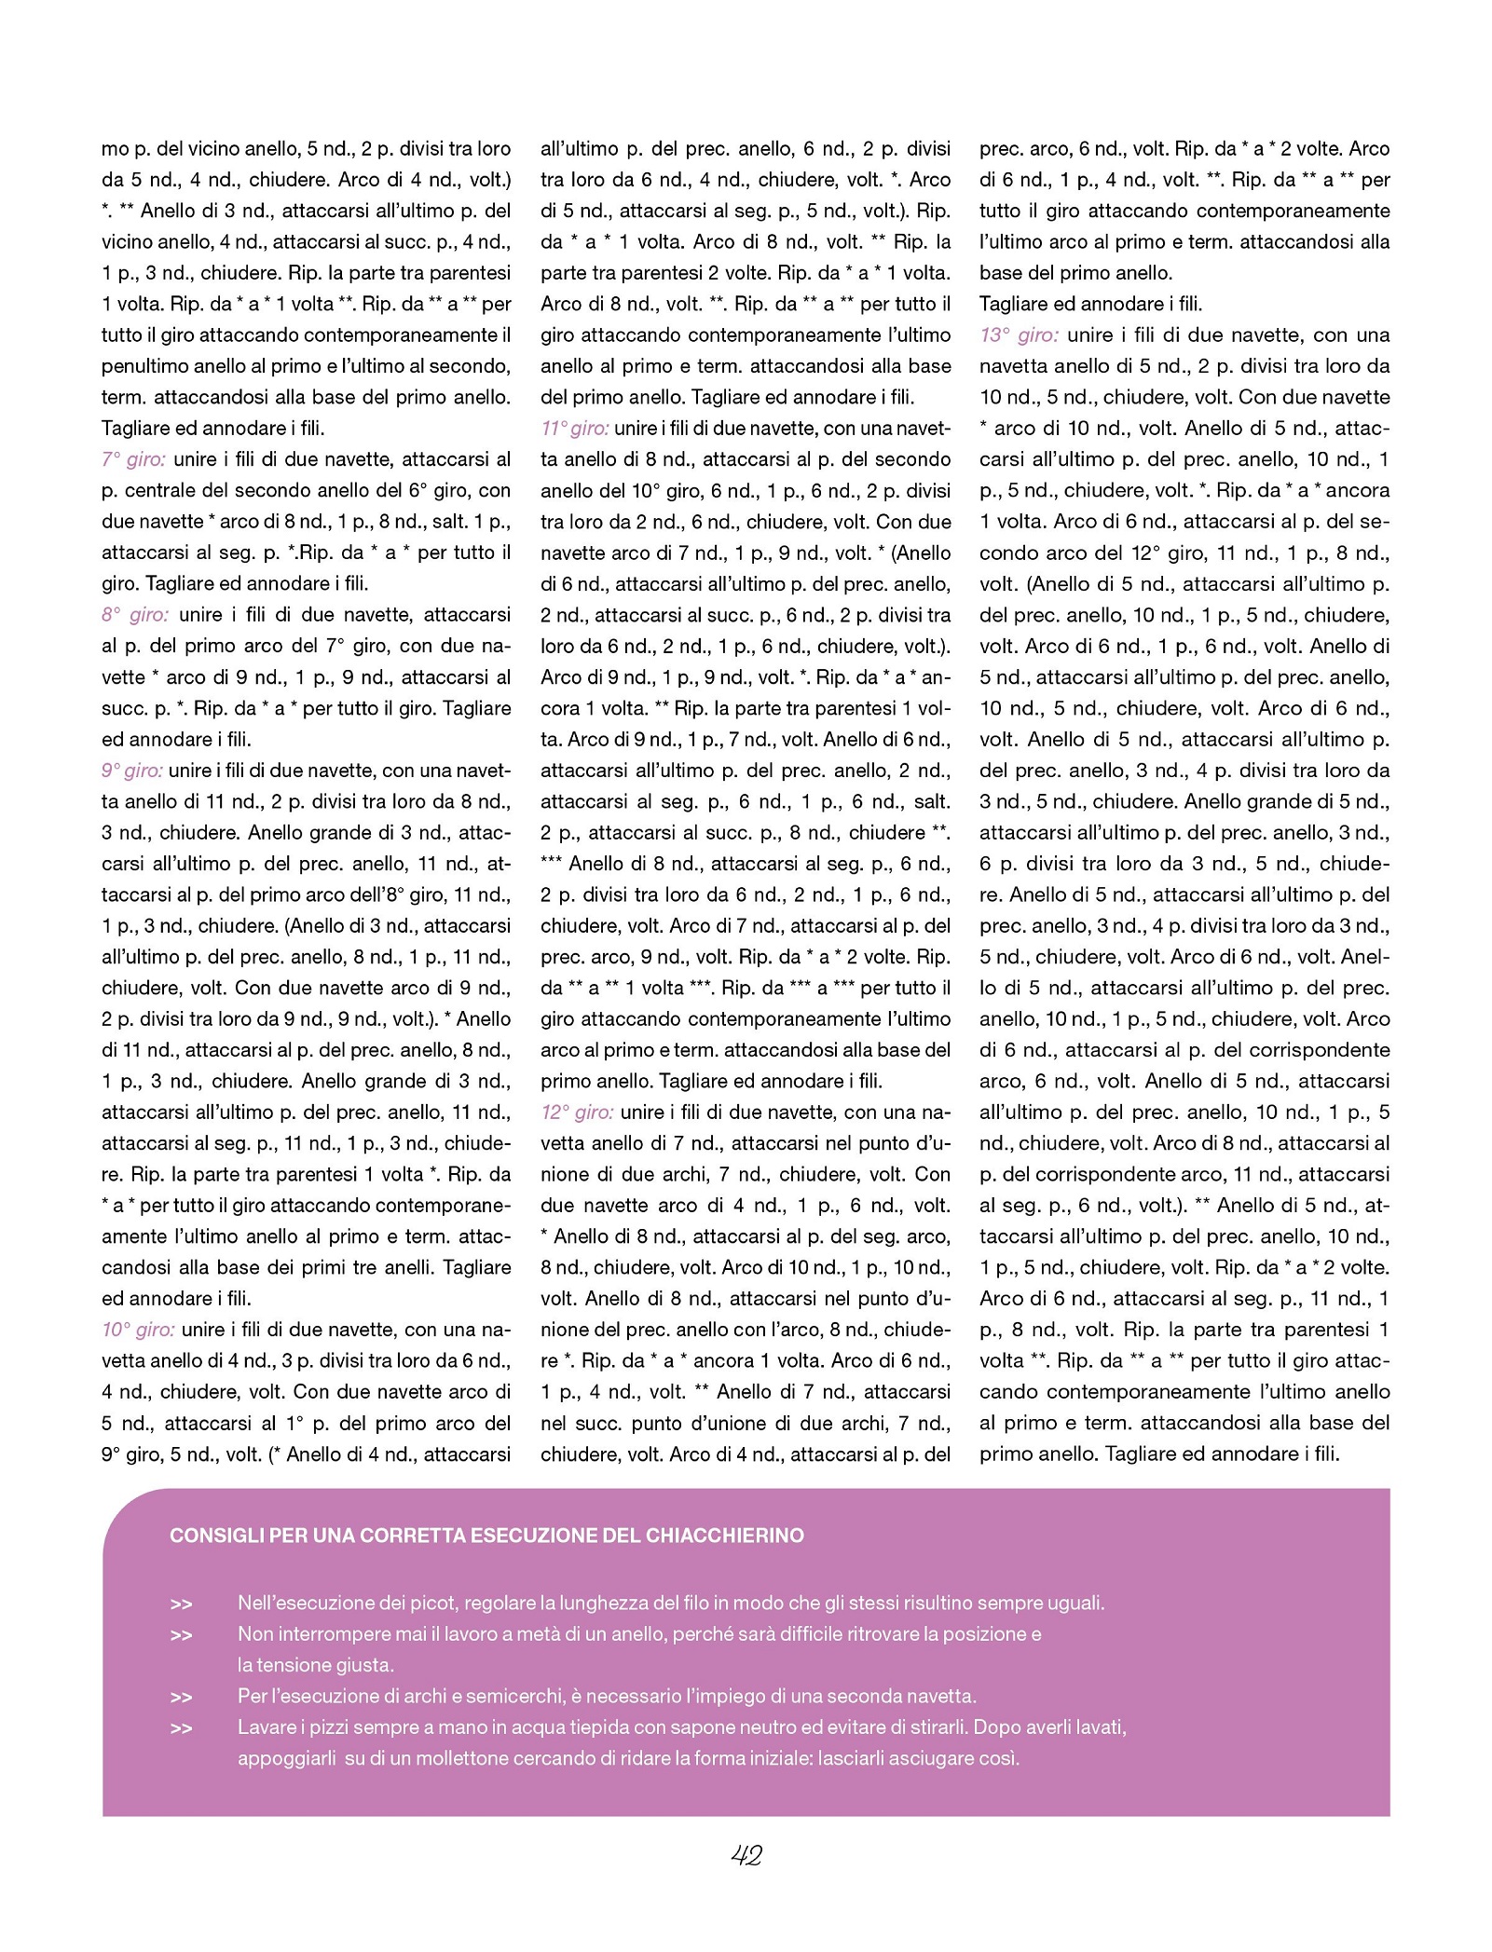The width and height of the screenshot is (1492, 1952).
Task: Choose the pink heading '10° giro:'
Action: [x=138, y=1330]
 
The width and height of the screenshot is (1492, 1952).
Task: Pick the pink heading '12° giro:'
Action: [x=577, y=1113]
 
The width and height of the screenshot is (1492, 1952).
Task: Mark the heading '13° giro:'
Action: [x=1019, y=335]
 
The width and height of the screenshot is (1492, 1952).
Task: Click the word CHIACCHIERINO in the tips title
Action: [x=724, y=1536]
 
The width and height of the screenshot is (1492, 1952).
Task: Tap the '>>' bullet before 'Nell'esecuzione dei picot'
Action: [x=181, y=1604]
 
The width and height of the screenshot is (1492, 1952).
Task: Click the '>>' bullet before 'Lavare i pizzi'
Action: [x=181, y=1728]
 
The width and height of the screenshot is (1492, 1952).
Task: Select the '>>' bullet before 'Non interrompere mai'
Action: [x=181, y=1635]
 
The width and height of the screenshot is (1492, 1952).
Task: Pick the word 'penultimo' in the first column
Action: [x=144, y=366]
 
